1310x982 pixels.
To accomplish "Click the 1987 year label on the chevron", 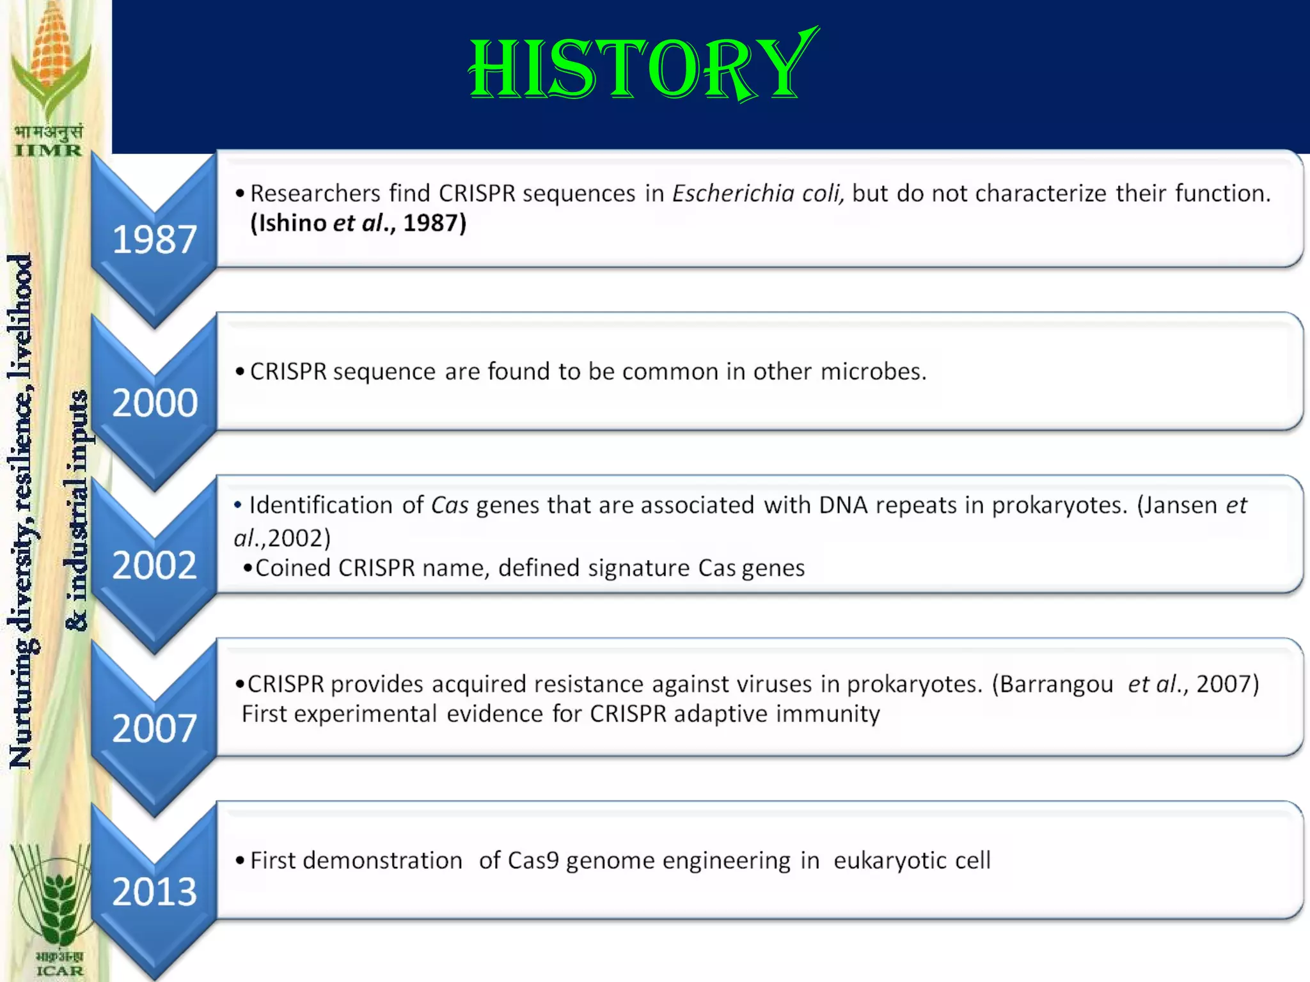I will [x=154, y=240].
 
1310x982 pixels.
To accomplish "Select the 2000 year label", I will [x=155, y=403].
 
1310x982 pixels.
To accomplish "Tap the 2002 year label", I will [x=154, y=566].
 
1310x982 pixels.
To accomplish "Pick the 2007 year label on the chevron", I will [x=154, y=729].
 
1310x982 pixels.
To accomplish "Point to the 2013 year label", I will [x=154, y=892].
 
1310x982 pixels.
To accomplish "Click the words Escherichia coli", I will [x=758, y=193].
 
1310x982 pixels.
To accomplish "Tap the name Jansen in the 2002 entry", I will [x=1180, y=505].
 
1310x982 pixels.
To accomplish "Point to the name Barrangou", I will [x=1057, y=684].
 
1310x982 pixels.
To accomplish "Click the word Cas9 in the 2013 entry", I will [x=533, y=861].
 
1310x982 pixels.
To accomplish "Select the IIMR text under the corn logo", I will [x=49, y=151].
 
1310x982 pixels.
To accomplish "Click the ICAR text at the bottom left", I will [x=59, y=970].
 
